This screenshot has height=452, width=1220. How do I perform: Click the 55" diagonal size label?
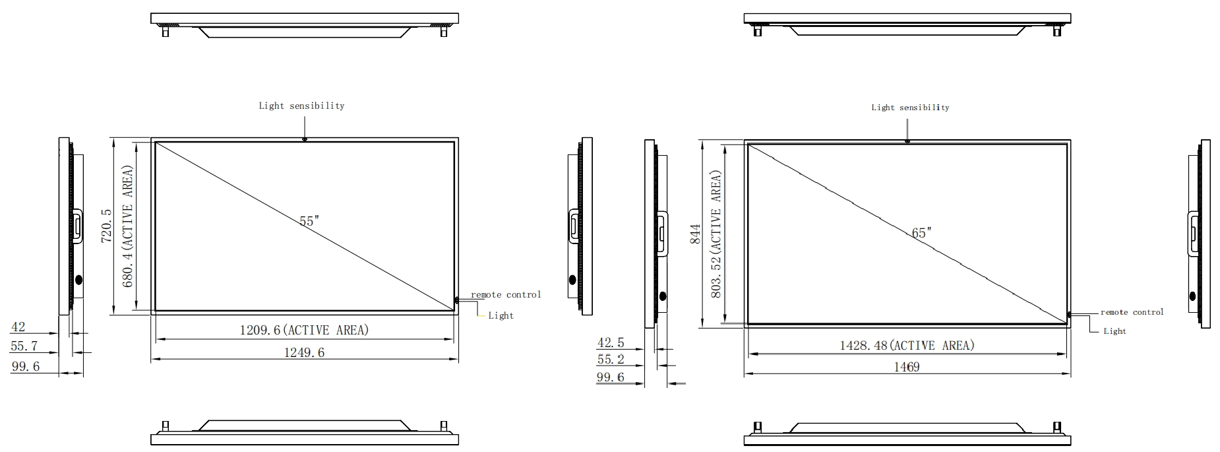point(309,221)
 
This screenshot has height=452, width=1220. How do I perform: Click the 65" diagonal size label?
point(921,233)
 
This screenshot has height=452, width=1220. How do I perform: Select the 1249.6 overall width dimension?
point(304,352)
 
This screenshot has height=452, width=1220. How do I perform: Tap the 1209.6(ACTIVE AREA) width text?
point(304,330)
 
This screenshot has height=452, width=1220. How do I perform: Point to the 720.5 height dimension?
point(106,226)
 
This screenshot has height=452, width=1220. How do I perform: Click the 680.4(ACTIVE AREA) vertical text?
point(128,226)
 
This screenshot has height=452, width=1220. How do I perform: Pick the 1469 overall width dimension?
point(906,367)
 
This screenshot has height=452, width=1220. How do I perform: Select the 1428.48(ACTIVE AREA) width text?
point(906,346)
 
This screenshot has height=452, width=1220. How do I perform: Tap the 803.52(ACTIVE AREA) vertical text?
point(716,234)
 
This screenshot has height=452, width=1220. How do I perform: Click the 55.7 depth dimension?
point(24,346)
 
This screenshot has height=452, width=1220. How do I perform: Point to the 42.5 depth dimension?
point(610,343)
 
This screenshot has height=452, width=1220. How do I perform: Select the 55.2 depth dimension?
point(610,360)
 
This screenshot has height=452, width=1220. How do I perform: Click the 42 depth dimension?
point(18,327)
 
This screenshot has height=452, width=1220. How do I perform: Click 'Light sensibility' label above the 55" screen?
point(301,106)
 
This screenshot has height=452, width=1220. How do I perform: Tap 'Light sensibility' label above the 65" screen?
point(910,108)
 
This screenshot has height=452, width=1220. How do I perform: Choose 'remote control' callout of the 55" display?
point(505,295)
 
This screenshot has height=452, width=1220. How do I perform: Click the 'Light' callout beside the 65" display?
point(1114,331)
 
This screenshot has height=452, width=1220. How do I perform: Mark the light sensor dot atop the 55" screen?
point(304,139)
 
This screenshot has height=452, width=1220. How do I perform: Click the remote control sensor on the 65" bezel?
point(1069,315)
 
